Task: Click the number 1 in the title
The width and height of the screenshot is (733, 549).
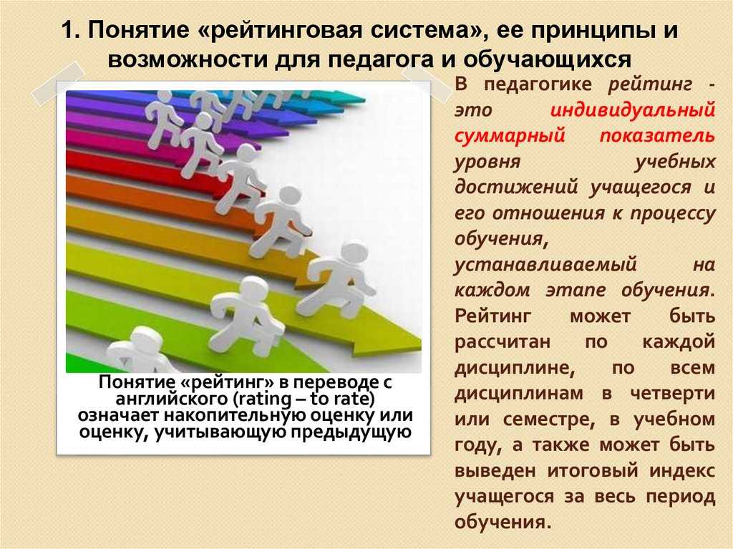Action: tap(67, 31)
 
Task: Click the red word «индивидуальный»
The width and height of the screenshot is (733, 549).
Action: tap(633, 110)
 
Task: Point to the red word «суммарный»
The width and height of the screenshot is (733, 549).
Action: tap(510, 136)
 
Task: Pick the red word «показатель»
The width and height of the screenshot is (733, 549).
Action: tap(657, 135)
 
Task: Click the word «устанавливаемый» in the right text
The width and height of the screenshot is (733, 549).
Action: tap(545, 265)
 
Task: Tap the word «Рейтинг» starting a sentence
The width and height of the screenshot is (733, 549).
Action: tap(492, 316)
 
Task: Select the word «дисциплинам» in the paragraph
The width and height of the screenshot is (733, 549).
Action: tap(519, 393)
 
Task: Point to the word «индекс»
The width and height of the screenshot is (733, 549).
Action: tap(682, 470)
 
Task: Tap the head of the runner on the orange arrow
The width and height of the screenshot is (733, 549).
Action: tap(290, 197)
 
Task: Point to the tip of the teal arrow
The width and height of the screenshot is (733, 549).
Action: tap(364, 99)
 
